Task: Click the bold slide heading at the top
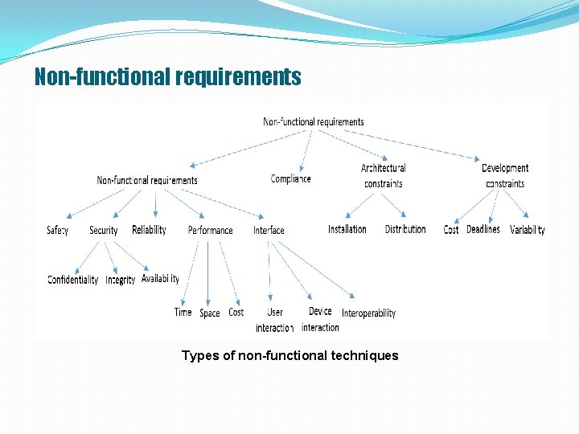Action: point(167,77)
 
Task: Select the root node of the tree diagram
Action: point(314,122)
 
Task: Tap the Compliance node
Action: point(290,178)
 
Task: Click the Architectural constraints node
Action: point(384,175)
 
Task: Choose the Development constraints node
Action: point(505,175)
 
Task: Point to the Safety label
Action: point(58,231)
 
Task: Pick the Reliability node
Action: point(149,230)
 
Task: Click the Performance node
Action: point(211,231)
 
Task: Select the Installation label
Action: point(347,229)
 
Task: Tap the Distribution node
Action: point(405,229)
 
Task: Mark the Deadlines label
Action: point(483,229)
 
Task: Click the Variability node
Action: point(528,230)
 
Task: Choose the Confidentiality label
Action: point(73,280)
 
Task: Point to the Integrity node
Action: point(121,280)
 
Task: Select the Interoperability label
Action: point(369,313)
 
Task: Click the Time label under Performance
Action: point(183,312)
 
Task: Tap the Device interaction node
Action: point(320,319)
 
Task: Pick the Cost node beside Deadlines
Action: point(451,230)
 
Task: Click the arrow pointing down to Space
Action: point(208,273)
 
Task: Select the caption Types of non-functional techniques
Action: point(289,355)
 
